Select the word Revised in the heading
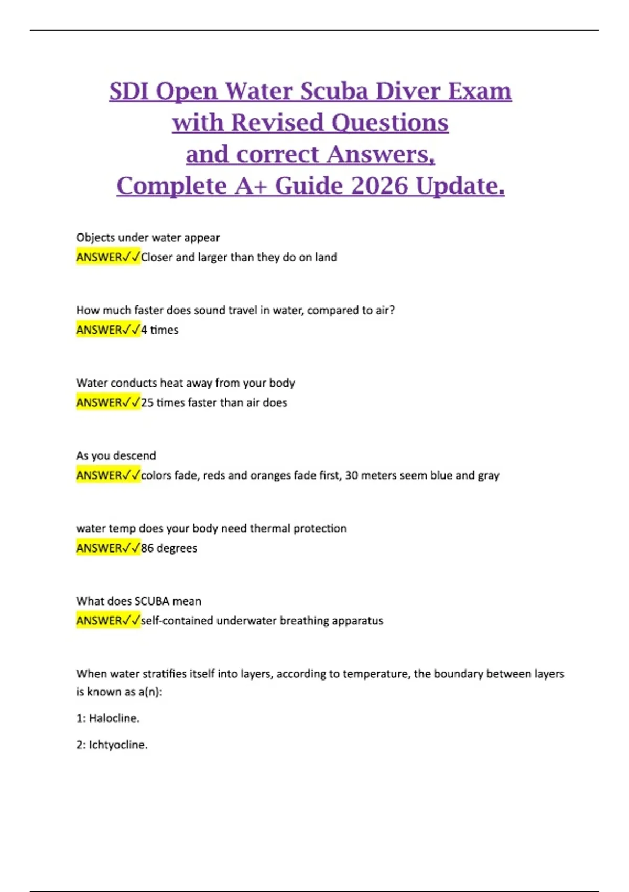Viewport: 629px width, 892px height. pos(277,123)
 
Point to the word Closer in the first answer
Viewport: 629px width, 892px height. pos(157,258)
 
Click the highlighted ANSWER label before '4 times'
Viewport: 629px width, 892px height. pos(100,330)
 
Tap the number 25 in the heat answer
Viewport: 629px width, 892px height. pos(147,403)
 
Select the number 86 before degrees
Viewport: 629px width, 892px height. pos(147,548)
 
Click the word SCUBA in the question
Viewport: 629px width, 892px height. pos(151,601)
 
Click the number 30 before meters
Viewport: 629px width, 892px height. pos(352,476)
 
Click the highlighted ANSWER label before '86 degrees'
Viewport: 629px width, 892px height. pos(100,548)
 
